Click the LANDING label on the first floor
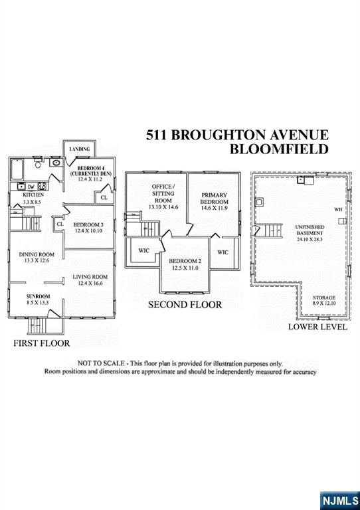79,149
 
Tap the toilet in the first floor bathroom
38,163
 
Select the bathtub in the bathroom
17,169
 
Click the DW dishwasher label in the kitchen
31,187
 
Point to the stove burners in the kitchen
43,187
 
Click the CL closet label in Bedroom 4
104,197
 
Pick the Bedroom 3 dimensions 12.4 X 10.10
88,231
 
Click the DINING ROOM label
37,254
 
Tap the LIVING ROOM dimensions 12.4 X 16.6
90,284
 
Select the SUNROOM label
38,296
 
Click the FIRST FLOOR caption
42,343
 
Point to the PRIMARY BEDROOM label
215,199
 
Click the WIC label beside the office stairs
143,251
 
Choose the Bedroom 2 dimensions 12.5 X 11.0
185,268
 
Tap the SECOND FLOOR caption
185,305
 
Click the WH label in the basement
338,209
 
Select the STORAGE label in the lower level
324,297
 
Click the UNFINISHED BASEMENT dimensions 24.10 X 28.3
310,239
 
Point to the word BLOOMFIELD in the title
279,149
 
